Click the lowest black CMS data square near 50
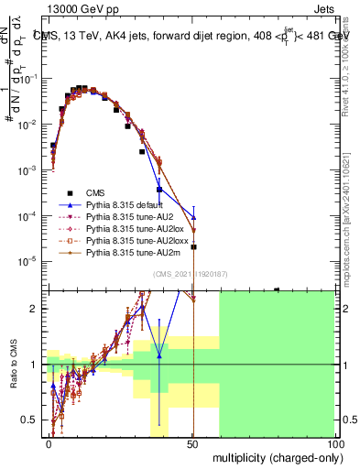pos(193,246)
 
